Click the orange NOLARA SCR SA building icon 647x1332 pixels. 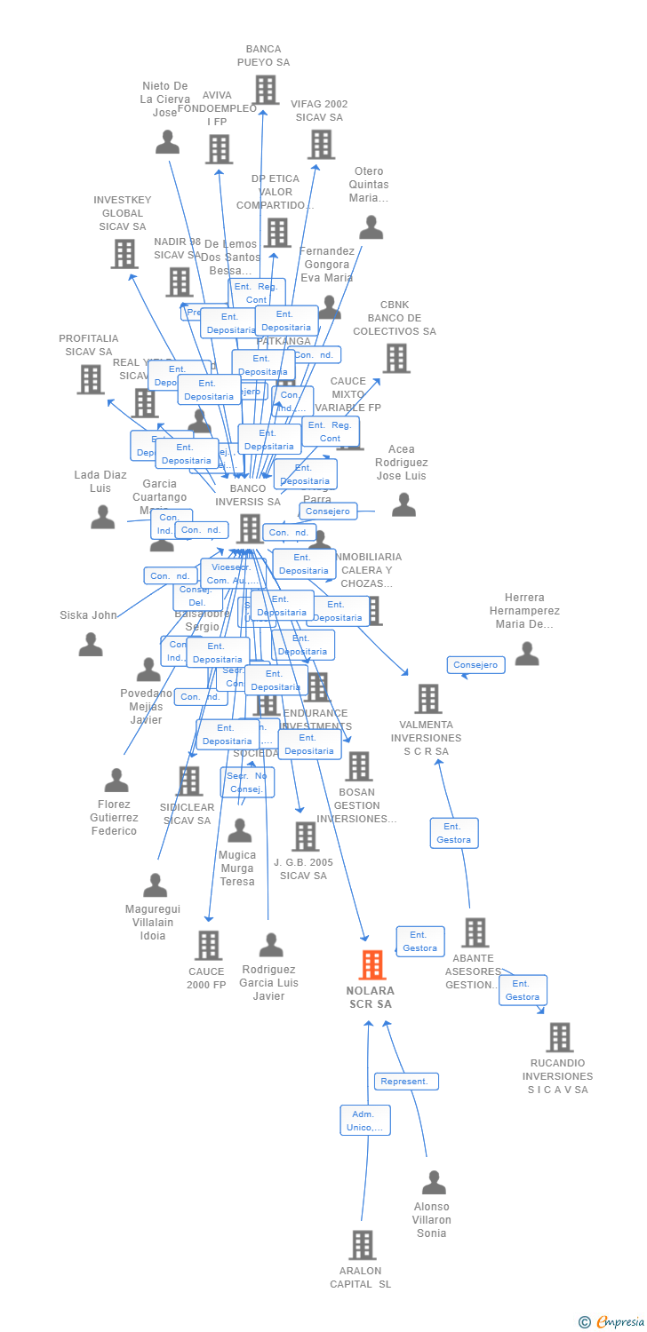[372, 964]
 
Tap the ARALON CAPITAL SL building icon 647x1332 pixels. [362, 1245]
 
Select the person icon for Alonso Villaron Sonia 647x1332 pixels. [434, 1182]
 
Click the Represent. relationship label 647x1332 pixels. [406, 1082]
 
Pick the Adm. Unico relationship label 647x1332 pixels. [365, 1121]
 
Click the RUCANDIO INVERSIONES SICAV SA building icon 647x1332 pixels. [559, 1037]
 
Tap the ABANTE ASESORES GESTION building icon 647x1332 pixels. [475, 932]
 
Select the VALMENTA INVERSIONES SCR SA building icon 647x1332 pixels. [428, 699]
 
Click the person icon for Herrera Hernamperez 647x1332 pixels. [527, 654]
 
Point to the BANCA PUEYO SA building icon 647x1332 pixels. [266, 90]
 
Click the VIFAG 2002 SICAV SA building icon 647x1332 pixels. [320, 144]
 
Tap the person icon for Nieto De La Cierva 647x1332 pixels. [167, 141]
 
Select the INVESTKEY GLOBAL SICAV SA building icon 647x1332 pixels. [124, 254]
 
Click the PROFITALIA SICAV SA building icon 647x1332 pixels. [91, 379]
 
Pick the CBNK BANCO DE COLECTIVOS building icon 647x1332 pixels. [395, 359]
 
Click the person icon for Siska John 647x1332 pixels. [91, 645]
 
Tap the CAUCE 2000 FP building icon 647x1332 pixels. [208, 946]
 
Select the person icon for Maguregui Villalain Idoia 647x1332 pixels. [156, 884]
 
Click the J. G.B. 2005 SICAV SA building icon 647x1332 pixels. [305, 836]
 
